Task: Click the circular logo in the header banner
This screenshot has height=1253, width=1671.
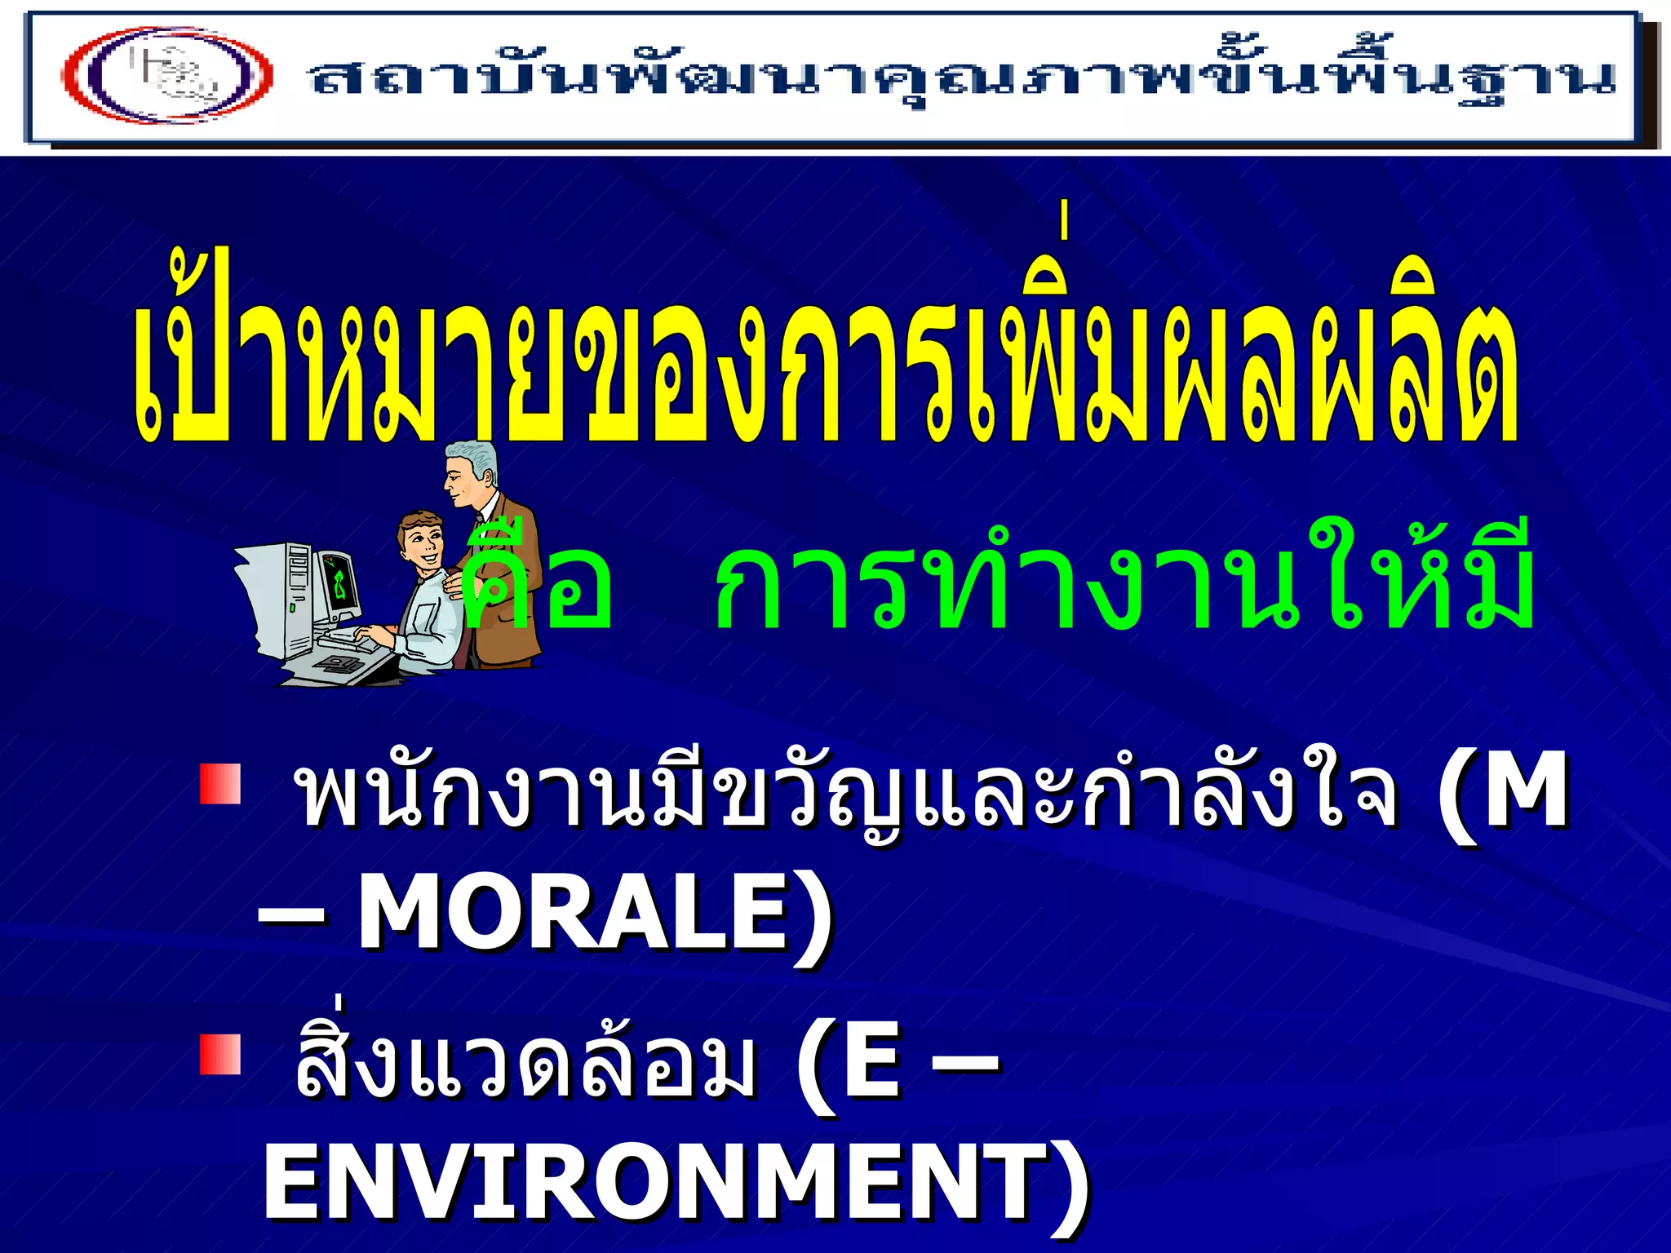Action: click(x=167, y=75)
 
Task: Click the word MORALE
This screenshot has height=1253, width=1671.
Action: click(x=571, y=913)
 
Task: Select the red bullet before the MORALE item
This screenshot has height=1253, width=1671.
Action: click(x=220, y=784)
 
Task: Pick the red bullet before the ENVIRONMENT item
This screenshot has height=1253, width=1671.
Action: click(x=220, y=1053)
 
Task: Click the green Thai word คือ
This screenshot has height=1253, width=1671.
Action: click(x=534, y=583)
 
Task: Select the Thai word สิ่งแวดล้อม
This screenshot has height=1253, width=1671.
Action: click(x=522, y=1060)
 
